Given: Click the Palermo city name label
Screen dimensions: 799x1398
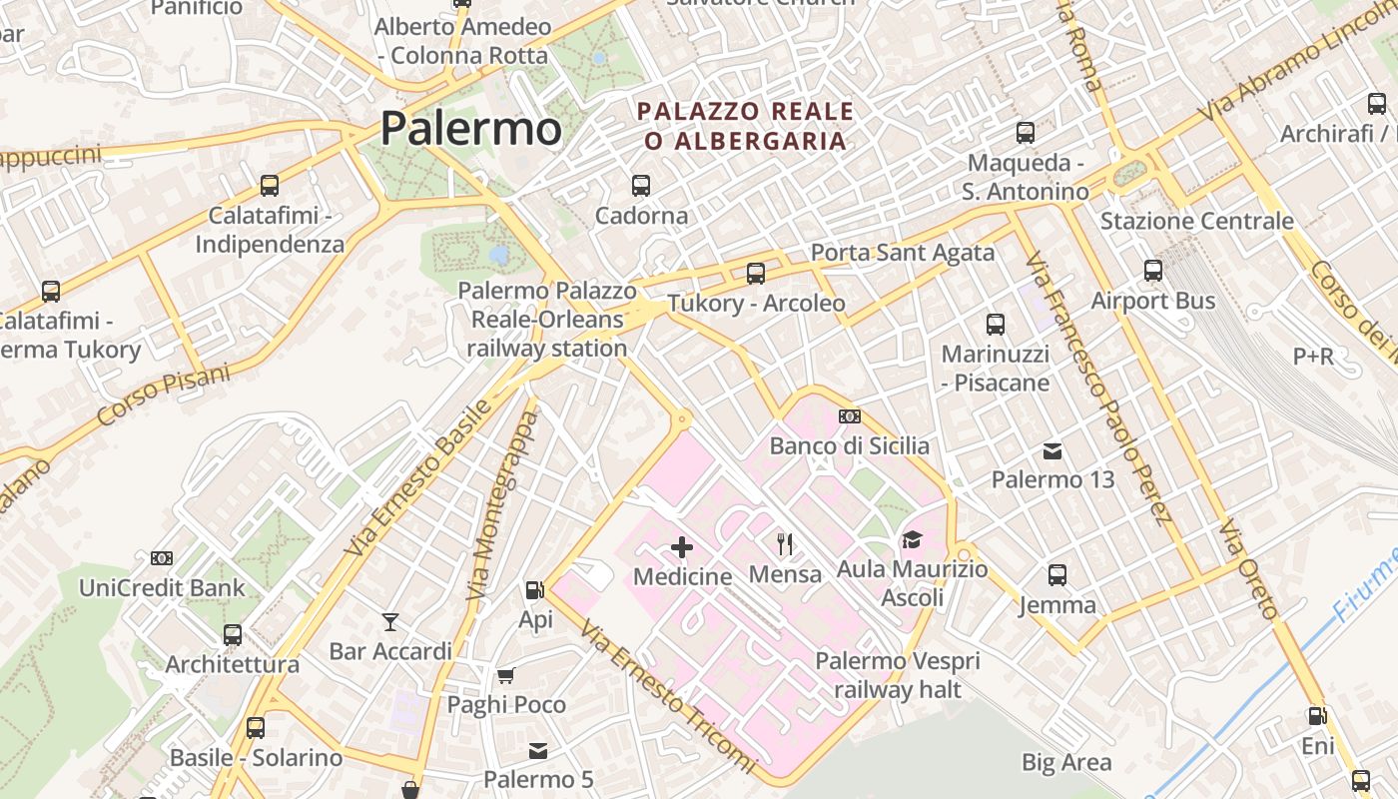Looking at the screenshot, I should [x=470, y=129].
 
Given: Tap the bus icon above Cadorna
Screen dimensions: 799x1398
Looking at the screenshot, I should [x=641, y=185].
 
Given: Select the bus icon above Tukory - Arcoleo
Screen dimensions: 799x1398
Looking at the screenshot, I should [x=756, y=273].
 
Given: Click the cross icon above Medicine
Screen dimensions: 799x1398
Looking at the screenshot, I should [x=682, y=546].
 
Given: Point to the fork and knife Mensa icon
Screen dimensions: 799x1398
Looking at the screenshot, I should [x=785, y=543].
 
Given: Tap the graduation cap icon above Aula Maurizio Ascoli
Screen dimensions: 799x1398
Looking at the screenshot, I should [x=912, y=539].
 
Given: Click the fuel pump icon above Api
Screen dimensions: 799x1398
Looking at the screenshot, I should [x=535, y=590].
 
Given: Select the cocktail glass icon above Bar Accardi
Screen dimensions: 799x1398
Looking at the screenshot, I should [x=390, y=622].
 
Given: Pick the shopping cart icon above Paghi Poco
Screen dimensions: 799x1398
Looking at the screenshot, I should [x=506, y=675].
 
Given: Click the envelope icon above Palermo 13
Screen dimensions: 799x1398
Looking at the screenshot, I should [x=1052, y=450].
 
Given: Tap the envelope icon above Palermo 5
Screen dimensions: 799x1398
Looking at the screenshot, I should [x=538, y=750].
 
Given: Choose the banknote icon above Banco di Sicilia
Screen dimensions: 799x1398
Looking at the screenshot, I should [x=849, y=415].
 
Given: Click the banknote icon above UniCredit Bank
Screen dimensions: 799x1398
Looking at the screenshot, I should [x=162, y=557].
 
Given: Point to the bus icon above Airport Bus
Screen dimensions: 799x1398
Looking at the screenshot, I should [x=1153, y=270].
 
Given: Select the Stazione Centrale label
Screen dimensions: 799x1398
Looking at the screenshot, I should [x=1196, y=221].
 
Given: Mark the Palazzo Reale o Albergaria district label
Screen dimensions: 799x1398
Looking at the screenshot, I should [x=746, y=126].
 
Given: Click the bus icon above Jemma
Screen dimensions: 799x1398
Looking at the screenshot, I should [x=1057, y=574].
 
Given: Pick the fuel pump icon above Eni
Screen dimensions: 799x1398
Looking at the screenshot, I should [x=1317, y=716].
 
